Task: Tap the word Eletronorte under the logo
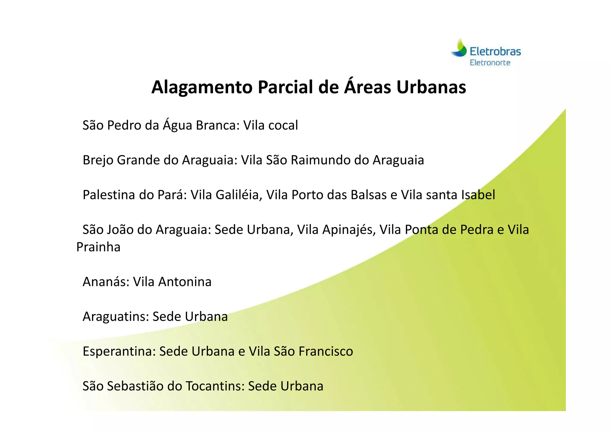point(490,63)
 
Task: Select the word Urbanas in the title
point(431,87)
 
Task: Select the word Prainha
point(98,247)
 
